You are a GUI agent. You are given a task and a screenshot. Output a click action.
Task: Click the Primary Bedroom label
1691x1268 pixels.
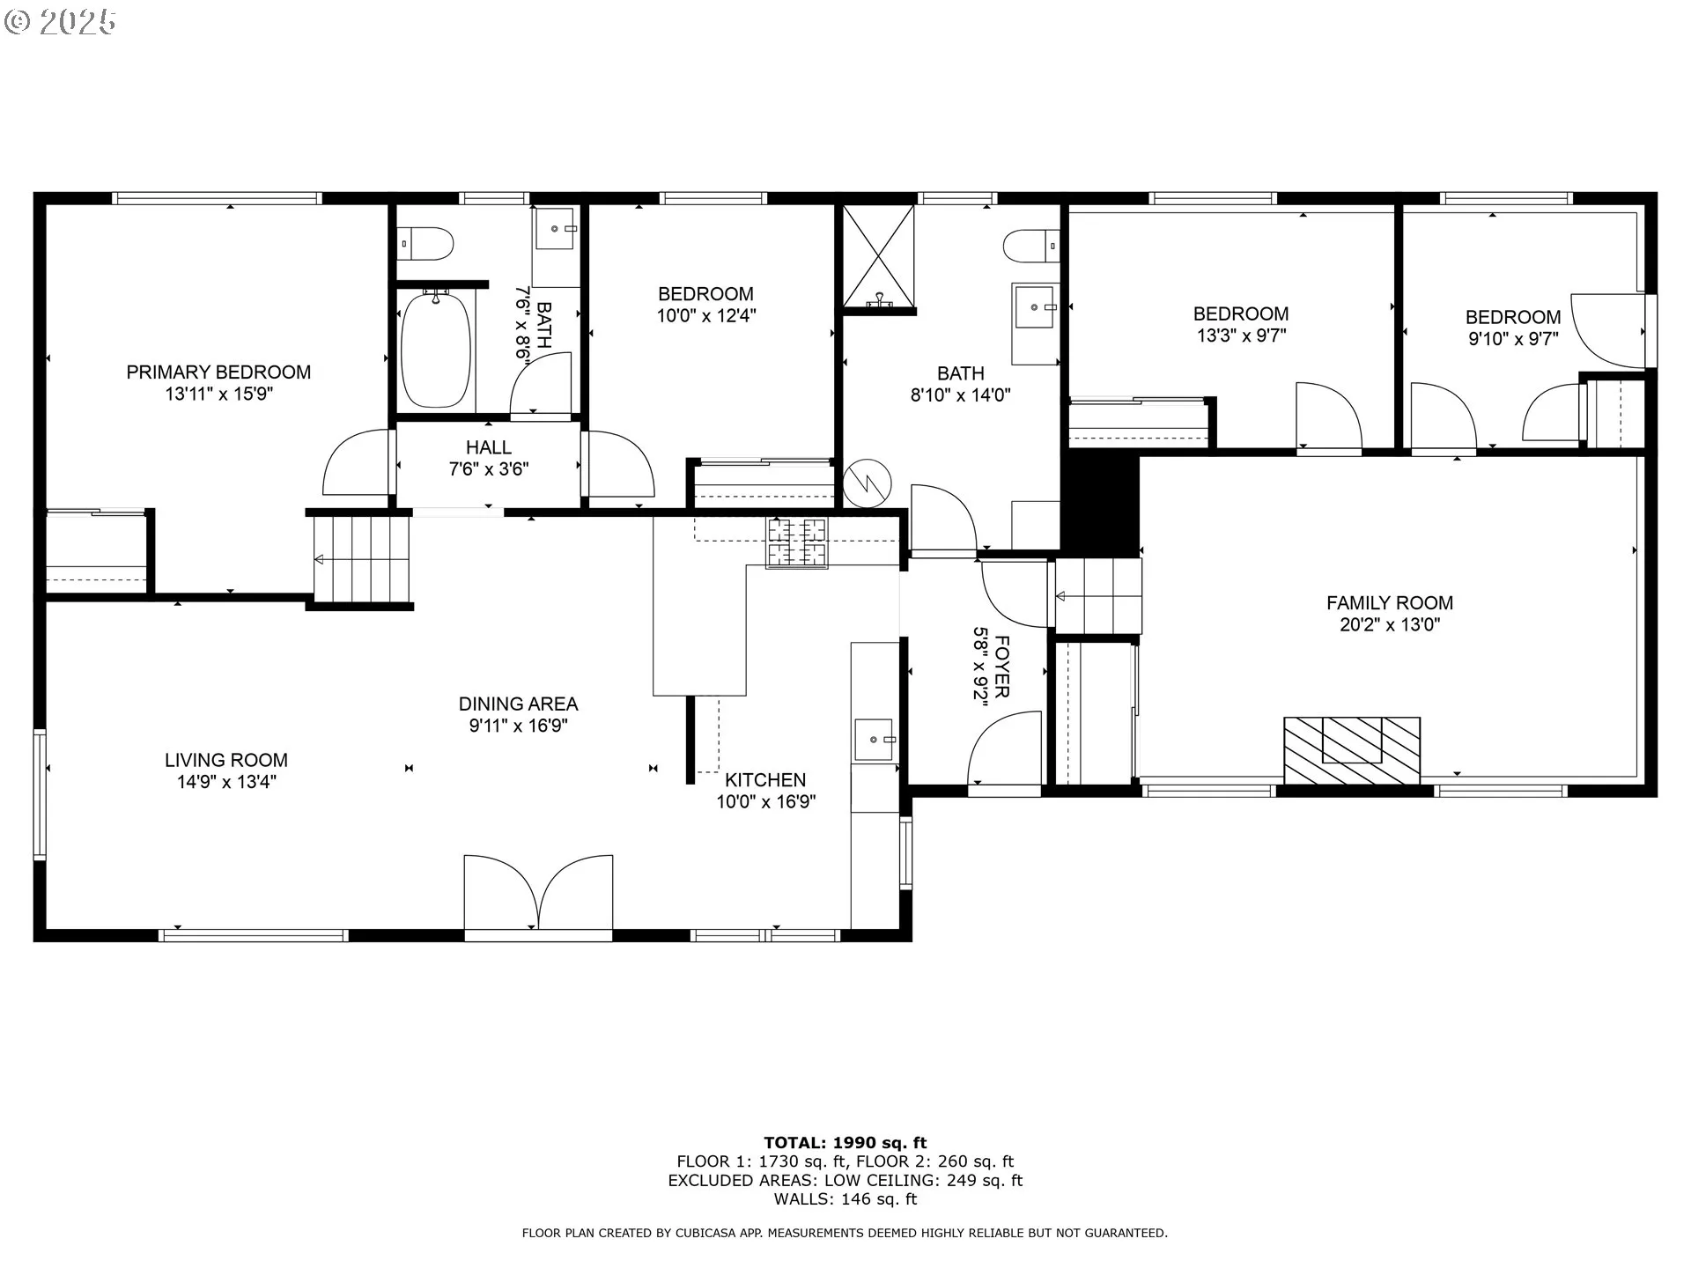click(x=218, y=372)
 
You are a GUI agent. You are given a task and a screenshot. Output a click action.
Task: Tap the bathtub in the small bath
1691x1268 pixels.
click(x=436, y=349)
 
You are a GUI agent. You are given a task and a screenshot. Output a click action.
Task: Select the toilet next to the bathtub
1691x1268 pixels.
click(x=425, y=242)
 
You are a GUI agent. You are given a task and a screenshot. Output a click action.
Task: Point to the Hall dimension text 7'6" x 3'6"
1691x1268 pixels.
click(x=489, y=469)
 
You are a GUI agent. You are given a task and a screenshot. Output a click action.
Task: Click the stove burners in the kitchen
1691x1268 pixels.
click(x=797, y=542)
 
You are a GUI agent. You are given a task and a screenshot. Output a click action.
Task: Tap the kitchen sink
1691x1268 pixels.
click(x=875, y=739)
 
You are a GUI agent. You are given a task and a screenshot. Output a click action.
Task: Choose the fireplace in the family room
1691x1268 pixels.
click(x=1352, y=750)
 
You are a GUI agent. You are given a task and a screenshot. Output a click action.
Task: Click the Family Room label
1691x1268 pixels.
click(x=1390, y=603)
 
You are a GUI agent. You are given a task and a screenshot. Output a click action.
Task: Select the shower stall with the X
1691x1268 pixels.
click(x=879, y=258)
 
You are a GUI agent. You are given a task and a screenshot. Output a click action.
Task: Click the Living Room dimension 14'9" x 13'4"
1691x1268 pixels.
click(x=226, y=782)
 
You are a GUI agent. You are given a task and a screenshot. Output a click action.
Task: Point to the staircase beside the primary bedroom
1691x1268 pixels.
click(x=363, y=559)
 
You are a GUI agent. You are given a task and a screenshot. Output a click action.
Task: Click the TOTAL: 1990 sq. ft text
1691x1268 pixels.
click(x=845, y=1143)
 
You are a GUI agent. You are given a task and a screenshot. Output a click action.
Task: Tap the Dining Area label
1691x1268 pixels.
click(x=518, y=704)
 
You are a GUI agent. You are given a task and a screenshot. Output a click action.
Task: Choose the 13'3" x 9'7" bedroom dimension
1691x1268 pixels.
click(x=1241, y=335)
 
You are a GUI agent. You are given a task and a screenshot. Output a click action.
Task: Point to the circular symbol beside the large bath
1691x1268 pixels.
click(x=868, y=483)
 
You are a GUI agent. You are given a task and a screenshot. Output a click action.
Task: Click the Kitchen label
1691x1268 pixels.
click(x=765, y=780)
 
